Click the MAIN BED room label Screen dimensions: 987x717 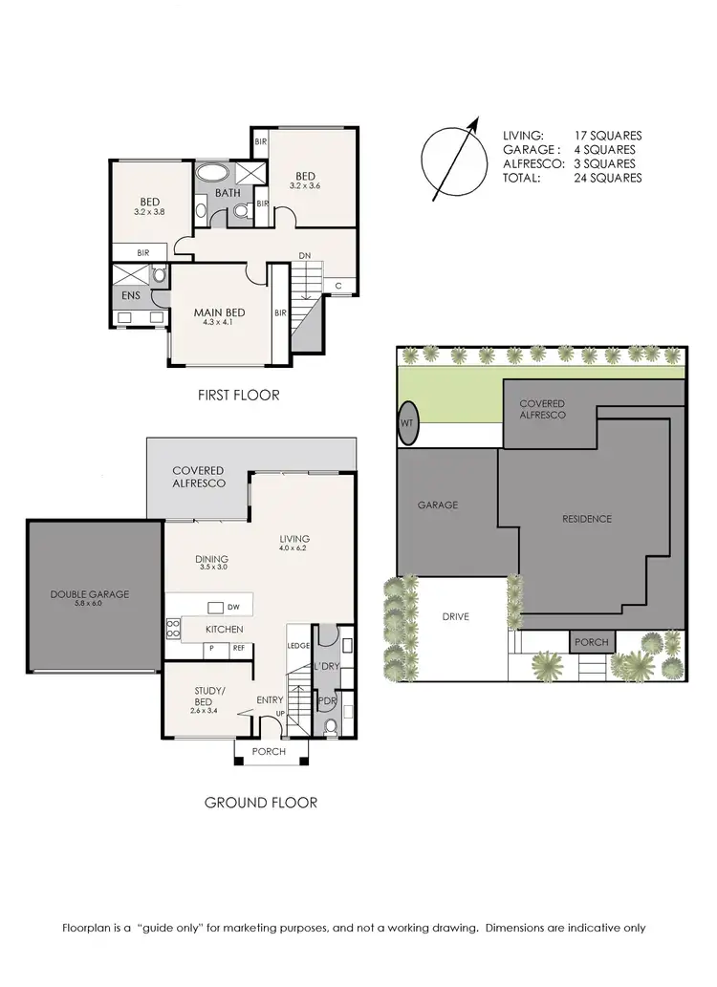pos(219,313)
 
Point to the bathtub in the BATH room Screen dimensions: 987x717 pos(213,174)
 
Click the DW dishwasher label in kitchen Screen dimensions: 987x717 pos(232,608)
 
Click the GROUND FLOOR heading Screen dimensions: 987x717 pos(260,803)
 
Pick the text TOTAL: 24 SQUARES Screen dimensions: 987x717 pos(572,178)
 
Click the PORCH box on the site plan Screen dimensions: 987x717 pos(591,642)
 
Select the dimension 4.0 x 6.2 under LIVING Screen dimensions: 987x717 pos(295,548)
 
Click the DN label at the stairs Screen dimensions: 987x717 pos(304,256)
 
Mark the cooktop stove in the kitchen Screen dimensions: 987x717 pos(174,628)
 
